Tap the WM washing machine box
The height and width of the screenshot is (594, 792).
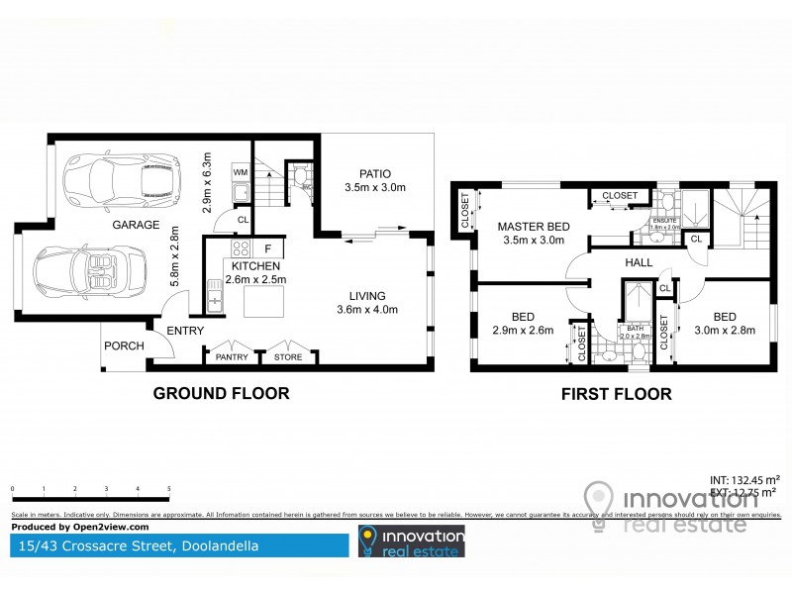[240, 173]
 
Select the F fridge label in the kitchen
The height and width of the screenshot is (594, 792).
[267, 247]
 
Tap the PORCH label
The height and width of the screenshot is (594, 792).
[125, 346]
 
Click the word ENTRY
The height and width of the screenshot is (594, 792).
[185, 331]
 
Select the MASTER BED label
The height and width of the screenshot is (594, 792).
[532, 226]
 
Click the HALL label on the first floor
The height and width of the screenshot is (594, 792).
[639, 263]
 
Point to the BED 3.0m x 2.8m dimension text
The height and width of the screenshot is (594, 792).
[724, 331]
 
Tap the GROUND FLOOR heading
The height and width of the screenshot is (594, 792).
[221, 394]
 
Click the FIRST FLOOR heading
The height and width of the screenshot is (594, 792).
[616, 394]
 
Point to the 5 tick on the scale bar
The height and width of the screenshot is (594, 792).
[169, 489]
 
